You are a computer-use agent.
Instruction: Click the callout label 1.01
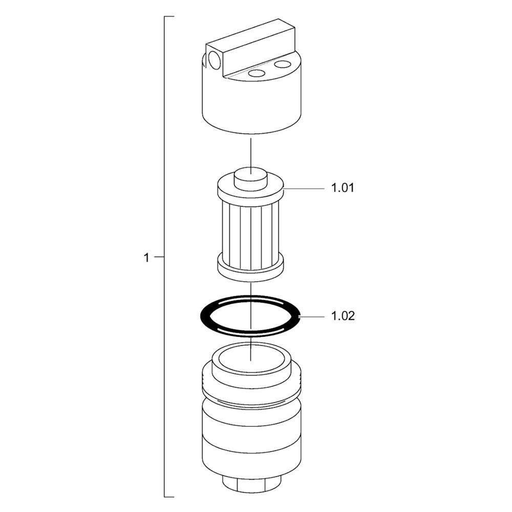tap(343, 188)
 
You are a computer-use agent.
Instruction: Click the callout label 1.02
tap(343, 316)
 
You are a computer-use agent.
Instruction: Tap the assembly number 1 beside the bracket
tap(146, 258)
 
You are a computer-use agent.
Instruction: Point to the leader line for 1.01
tap(304, 189)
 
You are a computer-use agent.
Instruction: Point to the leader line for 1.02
tap(312, 316)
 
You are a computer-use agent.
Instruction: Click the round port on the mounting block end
tap(215, 60)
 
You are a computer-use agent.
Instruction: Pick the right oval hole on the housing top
tap(283, 63)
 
